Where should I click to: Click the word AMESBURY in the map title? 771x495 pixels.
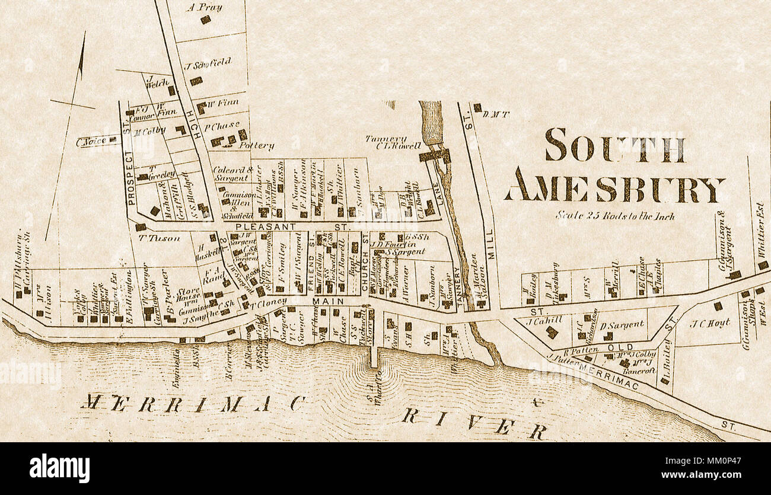point(614,190)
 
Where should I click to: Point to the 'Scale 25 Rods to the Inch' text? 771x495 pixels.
point(614,216)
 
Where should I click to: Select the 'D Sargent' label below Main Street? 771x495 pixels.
point(621,324)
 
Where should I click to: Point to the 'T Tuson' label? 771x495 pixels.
point(151,238)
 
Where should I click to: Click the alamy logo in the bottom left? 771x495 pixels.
point(60,468)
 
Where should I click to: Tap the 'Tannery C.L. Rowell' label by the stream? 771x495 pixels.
point(393,142)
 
